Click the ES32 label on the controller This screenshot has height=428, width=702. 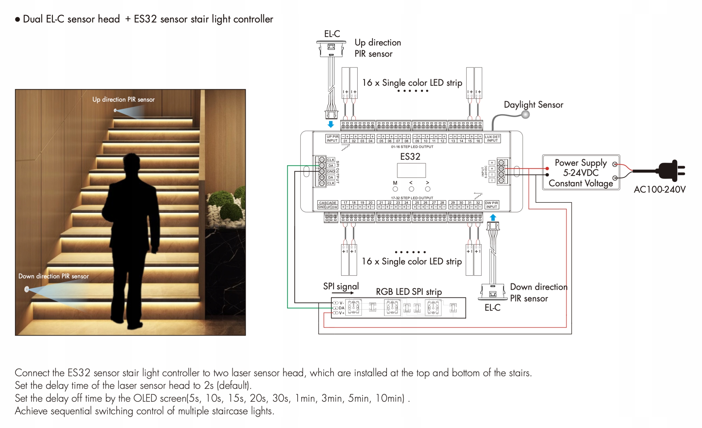point(410,156)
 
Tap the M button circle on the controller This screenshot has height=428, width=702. point(395,189)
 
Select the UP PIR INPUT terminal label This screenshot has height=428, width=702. point(332,139)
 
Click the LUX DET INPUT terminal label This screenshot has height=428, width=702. point(492,139)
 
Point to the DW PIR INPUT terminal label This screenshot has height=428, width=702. point(491,205)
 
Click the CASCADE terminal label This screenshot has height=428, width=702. point(328,203)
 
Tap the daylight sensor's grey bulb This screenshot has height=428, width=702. point(525,115)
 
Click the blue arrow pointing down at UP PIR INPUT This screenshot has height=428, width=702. point(330,124)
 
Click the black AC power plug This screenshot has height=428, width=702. point(671,171)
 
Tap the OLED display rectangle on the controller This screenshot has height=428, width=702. point(411,170)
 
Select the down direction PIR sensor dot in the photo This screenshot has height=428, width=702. point(27,289)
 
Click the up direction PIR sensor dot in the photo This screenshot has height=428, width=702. point(115,110)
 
